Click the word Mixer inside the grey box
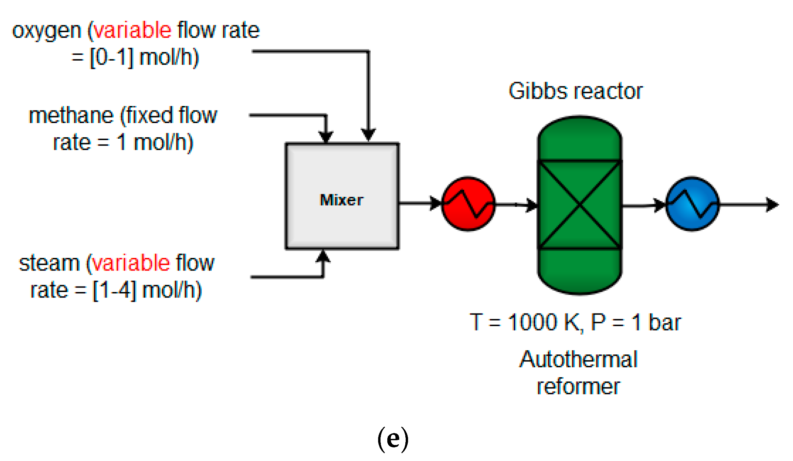[341, 200]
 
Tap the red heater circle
[468, 204]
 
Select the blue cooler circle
[692, 204]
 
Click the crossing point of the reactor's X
[580, 204]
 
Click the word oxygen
[47, 31]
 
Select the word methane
[71, 116]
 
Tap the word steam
[49, 263]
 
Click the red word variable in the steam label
[131, 263]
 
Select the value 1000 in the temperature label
[532, 322]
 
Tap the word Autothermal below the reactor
[578, 359]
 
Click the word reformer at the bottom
[578, 387]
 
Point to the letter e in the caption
[393, 440]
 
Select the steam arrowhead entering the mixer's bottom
[323, 256]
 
